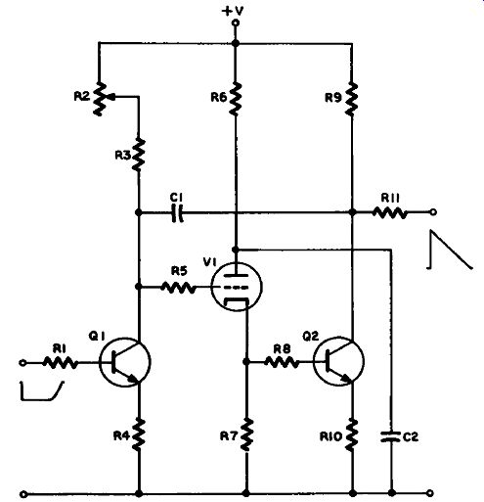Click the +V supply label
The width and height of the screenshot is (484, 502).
click(x=233, y=11)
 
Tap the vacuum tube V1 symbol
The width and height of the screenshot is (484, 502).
click(x=236, y=287)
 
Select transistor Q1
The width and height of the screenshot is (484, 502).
click(x=125, y=362)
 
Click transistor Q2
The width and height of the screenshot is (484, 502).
click(x=339, y=361)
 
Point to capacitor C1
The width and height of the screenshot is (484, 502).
click(x=177, y=212)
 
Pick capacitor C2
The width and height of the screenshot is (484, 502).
click(x=391, y=436)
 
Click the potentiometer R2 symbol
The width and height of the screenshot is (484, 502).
click(x=101, y=99)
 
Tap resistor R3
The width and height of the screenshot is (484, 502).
click(x=139, y=155)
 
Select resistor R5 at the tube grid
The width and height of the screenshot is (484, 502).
click(x=179, y=288)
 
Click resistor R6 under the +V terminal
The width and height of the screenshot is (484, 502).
click(x=236, y=98)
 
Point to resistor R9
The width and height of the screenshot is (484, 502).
click(x=351, y=99)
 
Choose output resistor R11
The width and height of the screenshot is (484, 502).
click(x=390, y=213)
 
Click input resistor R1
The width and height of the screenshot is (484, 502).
click(x=61, y=362)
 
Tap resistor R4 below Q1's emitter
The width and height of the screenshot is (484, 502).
click(x=139, y=434)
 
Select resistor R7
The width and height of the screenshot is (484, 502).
click(x=246, y=434)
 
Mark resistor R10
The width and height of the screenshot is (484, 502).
click(x=351, y=435)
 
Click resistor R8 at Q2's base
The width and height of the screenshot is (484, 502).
click(x=282, y=362)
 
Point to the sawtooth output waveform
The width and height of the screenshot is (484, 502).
click(x=450, y=250)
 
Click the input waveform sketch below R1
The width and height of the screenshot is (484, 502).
click(x=42, y=390)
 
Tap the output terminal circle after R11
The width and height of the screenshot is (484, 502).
click(x=433, y=212)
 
